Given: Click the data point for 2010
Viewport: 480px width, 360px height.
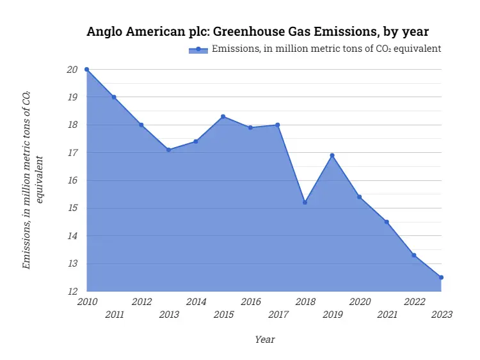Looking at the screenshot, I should point(86,69).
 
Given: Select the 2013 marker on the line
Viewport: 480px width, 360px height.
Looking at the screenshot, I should point(168,150).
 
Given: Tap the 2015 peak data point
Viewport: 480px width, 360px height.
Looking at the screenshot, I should point(223,116).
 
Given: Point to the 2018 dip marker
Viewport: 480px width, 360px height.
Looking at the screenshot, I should point(305,202).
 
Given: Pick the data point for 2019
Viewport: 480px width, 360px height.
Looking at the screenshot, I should point(332,155).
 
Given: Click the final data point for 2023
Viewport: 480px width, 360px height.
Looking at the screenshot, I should point(441,278).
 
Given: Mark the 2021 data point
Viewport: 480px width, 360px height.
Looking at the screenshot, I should point(387,222).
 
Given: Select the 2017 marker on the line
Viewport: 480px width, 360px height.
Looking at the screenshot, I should point(278,125).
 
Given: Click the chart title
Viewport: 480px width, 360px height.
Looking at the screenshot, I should point(257,31).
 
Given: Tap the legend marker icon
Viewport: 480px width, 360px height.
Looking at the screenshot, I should point(198,49).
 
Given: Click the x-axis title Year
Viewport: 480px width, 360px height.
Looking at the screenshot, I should point(264,340).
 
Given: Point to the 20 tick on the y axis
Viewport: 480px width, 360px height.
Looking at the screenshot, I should point(72,70).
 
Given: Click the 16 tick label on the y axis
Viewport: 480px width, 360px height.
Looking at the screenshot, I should point(72,180).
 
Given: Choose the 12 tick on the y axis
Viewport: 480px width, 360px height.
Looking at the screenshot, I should point(72,292).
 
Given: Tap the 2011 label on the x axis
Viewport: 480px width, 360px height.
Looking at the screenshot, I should point(114,315).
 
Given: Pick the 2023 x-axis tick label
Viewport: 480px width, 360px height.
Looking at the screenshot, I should point(442,315).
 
